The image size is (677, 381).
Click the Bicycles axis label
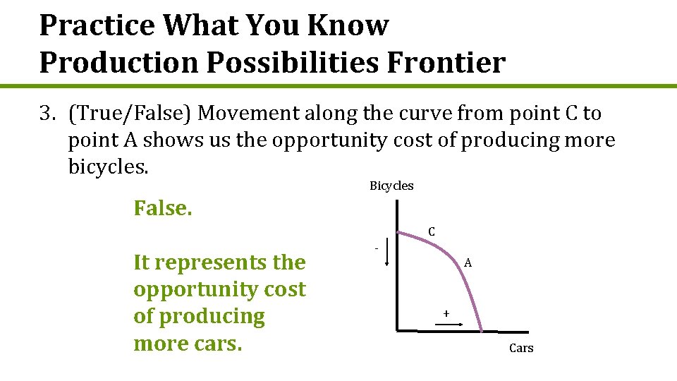pyautogui.click(x=391, y=186)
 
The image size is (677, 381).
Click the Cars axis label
pyautogui.click(x=521, y=348)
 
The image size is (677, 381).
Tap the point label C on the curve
pyautogui.click(x=432, y=231)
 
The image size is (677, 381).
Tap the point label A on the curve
pyautogui.click(x=468, y=262)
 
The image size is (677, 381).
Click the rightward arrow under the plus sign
pyautogui.click(x=446, y=325)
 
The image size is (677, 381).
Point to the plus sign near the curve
pyautogui.click(x=446, y=313)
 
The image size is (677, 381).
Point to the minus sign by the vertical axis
pyautogui.click(x=377, y=248)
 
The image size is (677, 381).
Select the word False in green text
pyautogui.click(x=163, y=208)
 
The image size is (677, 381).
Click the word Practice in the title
pyautogui.click(x=97, y=25)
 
